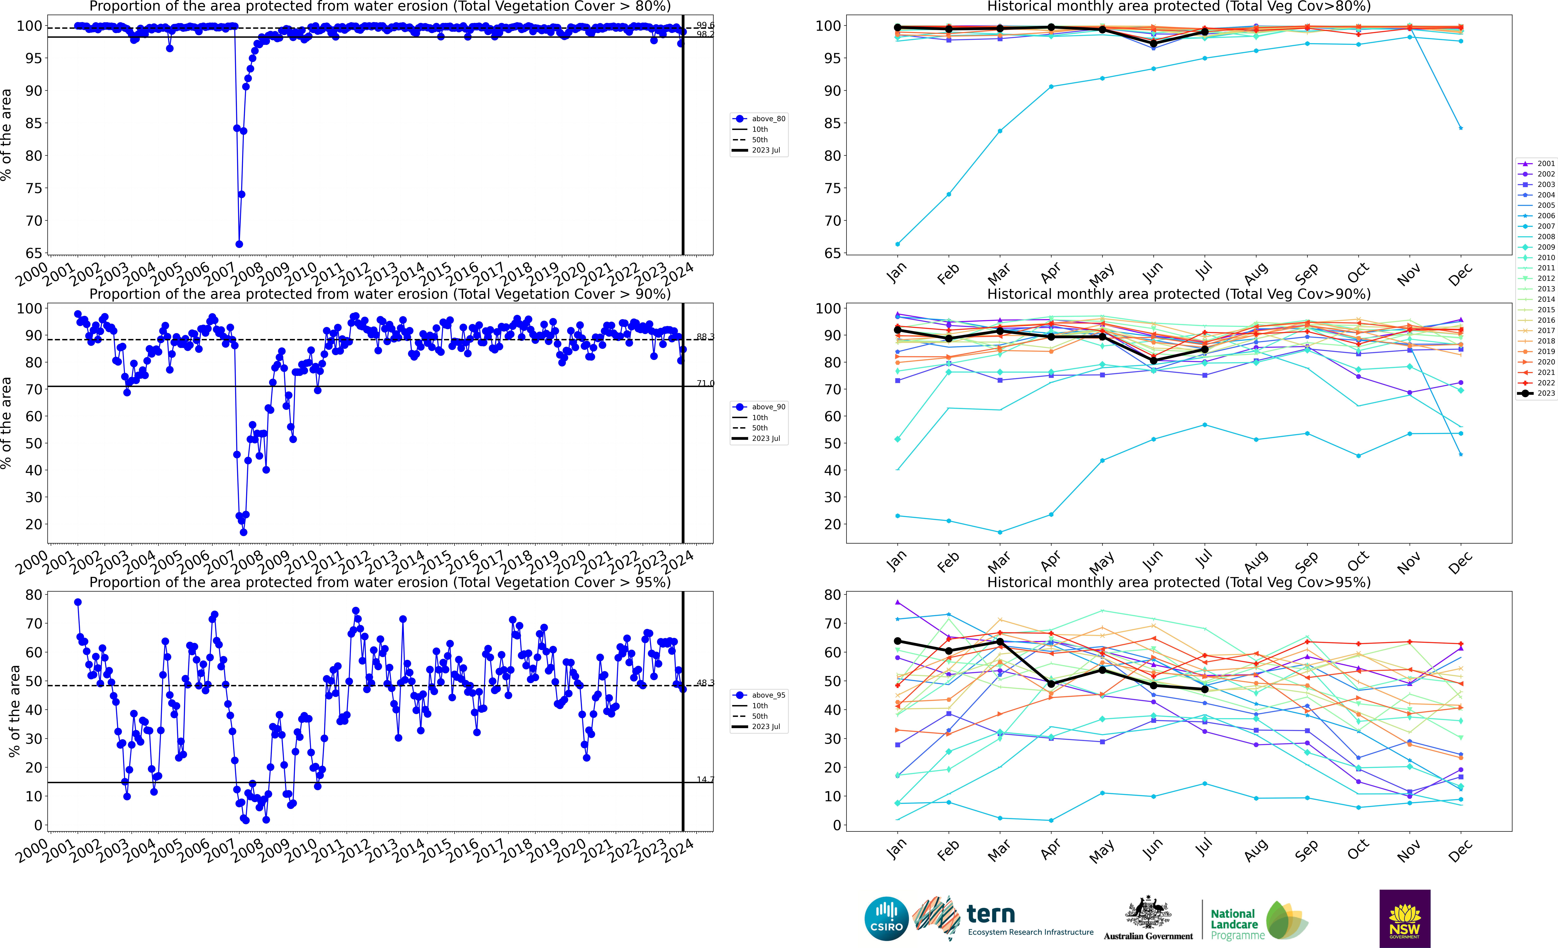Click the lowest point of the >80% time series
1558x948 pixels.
(239, 244)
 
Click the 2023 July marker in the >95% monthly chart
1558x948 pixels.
(1205, 689)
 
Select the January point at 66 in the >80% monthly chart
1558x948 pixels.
(897, 244)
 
